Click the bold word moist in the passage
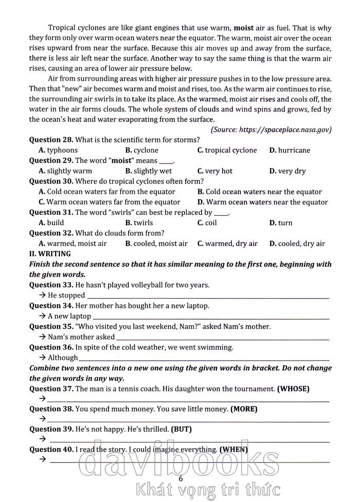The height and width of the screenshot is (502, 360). point(243,28)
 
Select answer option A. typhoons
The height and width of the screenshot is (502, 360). point(58,150)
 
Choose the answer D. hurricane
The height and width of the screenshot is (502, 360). point(290,150)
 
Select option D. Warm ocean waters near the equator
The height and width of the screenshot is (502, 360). point(262,202)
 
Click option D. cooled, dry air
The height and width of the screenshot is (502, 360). point(297,244)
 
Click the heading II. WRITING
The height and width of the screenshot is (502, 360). point(50,254)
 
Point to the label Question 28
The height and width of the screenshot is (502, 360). point(51,140)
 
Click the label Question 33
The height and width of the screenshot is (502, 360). point(51,285)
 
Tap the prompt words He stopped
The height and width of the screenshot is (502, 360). point(66,295)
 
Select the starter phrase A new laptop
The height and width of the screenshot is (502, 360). point(69,316)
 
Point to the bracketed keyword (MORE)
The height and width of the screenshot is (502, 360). point(244,409)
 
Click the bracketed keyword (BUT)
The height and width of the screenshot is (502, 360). point(181,429)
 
